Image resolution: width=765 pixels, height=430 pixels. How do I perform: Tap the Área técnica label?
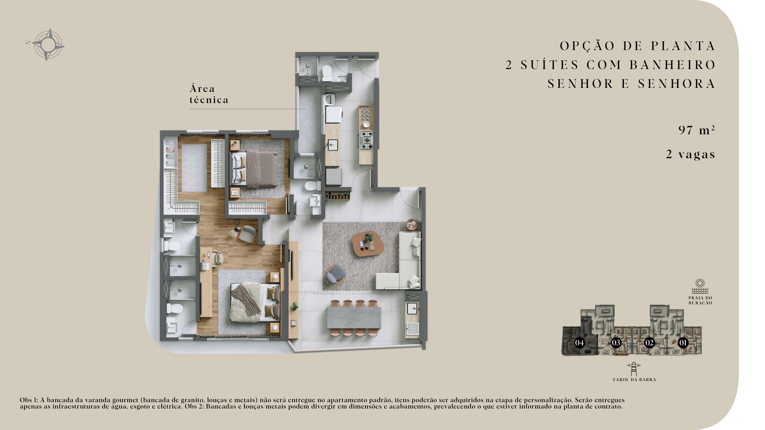pos(209,94)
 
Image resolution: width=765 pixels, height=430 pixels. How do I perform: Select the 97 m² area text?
pos(697,130)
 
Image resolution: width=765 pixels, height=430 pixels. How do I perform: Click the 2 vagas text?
pos(690,154)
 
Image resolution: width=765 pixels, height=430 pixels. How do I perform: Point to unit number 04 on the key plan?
pos(579,343)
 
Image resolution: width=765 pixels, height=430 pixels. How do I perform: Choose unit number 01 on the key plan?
pos(683,343)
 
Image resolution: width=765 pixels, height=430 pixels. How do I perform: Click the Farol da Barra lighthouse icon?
pos(634,369)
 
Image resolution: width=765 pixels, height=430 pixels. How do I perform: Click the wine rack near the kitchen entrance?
pos(337,193)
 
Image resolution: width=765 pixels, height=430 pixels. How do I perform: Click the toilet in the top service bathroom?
pos(327,72)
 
